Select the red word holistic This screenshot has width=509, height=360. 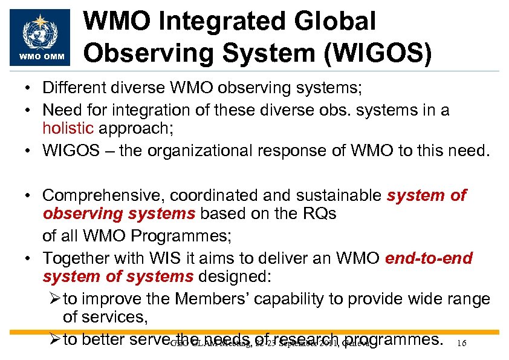[x=68, y=128]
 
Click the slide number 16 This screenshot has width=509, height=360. [x=461, y=343]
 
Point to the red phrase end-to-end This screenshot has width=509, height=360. [x=429, y=259]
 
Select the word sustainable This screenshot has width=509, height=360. [x=339, y=196]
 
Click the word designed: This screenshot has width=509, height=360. [x=236, y=277]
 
